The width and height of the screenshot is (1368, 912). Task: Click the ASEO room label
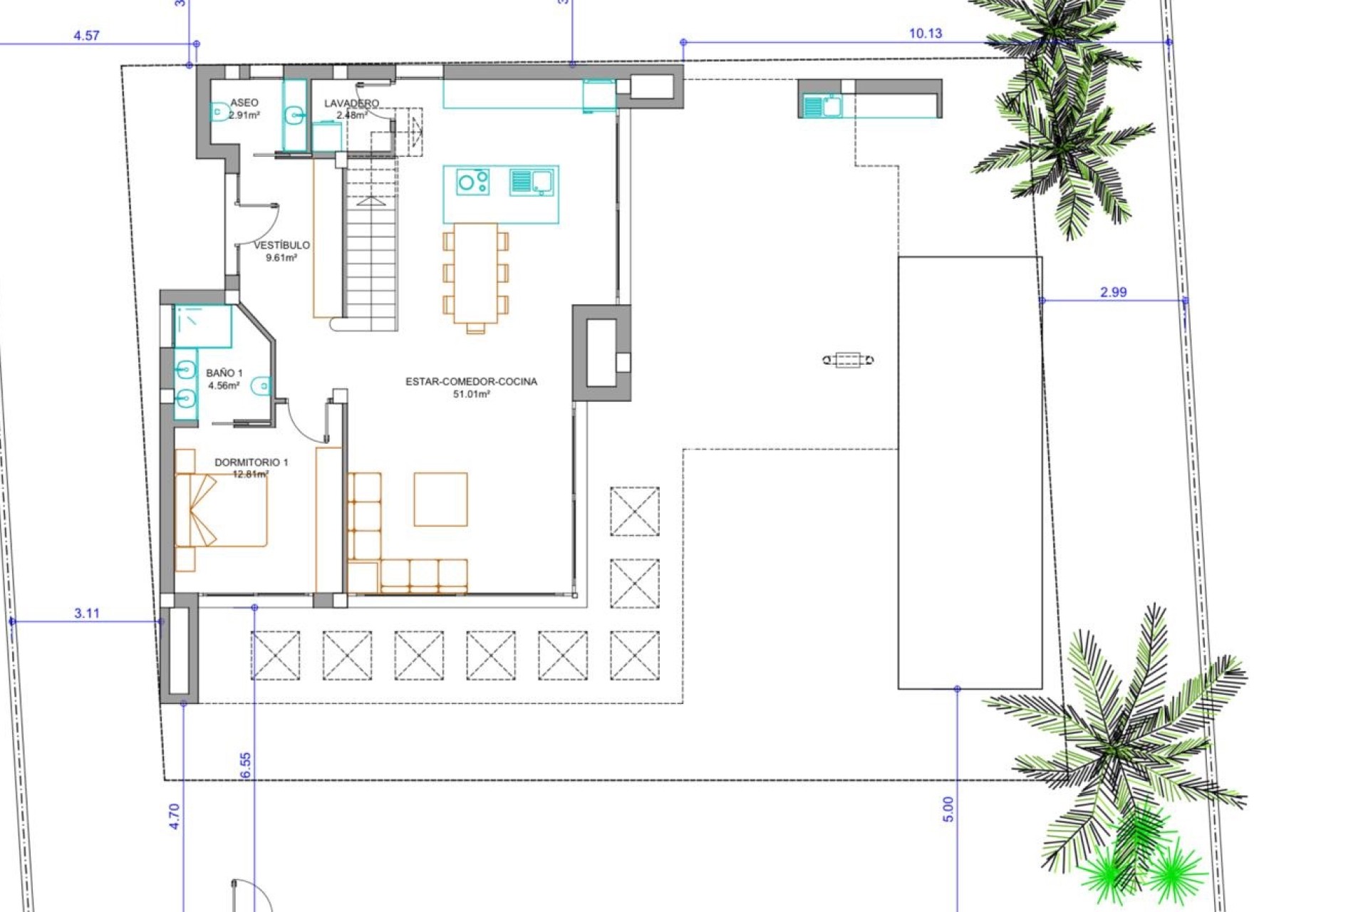click(x=244, y=103)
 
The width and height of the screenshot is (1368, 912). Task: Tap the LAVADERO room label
click(x=351, y=103)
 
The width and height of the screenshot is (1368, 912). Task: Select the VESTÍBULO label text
click(x=281, y=245)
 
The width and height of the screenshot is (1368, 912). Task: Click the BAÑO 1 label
click(x=224, y=373)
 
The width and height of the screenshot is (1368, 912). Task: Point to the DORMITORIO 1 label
click(x=251, y=462)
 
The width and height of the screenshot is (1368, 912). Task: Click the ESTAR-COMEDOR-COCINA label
click(x=471, y=381)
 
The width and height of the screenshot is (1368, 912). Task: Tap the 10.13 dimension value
click(x=925, y=33)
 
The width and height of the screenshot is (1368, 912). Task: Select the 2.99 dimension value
click(x=1113, y=291)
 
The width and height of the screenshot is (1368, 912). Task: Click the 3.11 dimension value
click(x=87, y=613)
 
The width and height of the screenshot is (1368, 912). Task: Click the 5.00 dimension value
click(x=948, y=809)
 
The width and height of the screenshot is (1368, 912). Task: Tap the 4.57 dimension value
click(x=87, y=35)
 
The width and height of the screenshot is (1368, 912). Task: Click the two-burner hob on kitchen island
click(x=472, y=182)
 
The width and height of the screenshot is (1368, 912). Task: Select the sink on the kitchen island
click(x=532, y=182)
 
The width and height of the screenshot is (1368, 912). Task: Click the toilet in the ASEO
click(x=219, y=112)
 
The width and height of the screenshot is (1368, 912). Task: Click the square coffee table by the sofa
click(x=440, y=499)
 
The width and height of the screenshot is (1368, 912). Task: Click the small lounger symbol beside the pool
click(x=848, y=360)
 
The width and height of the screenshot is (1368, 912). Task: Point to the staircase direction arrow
click(x=370, y=202)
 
